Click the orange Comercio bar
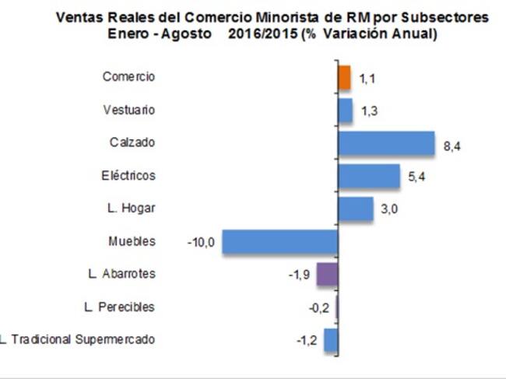coord(344,78)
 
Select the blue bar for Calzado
coord(387,143)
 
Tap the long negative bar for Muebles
coord(280,241)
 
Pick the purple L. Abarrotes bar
coord(328,274)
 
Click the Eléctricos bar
coord(369,176)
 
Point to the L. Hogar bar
coord(356,209)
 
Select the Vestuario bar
coord(346,111)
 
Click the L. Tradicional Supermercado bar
coord(331,339)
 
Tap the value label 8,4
coord(452,146)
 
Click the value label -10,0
coord(201,242)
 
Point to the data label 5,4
coord(416,177)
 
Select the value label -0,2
coord(319,308)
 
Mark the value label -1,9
coord(299,275)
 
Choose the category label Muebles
coord(132,241)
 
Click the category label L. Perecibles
coord(119,307)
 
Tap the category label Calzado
coord(132,142)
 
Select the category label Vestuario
coord(129,110)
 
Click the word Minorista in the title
coord(287,17)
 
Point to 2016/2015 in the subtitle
coord(262,34)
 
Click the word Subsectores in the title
coord(445,17)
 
